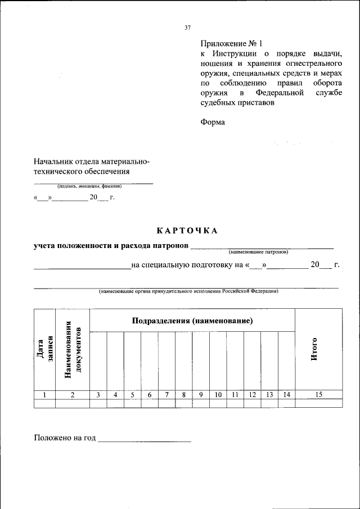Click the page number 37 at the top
188,28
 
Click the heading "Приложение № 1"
232,43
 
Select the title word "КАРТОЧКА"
186,230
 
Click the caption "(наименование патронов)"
258,251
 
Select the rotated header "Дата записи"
44,350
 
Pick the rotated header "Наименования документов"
73,350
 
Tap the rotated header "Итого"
315,349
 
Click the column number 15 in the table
318,395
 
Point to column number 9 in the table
201,395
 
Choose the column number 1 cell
44,395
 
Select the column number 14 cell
286,395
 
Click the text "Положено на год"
65,438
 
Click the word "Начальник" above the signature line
53,161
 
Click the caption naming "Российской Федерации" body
188,291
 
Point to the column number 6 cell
150,395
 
